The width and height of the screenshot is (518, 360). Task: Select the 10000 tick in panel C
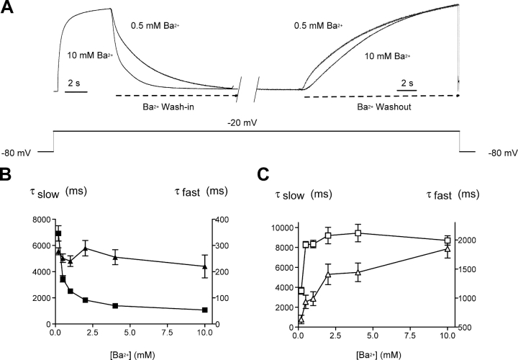pyautogui.click(x=277, y=228)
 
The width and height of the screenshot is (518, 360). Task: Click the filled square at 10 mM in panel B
pyautogui.click(x=205, y=310)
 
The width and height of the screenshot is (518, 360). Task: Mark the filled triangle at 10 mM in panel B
pyautogui.click(x=205, y=266)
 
